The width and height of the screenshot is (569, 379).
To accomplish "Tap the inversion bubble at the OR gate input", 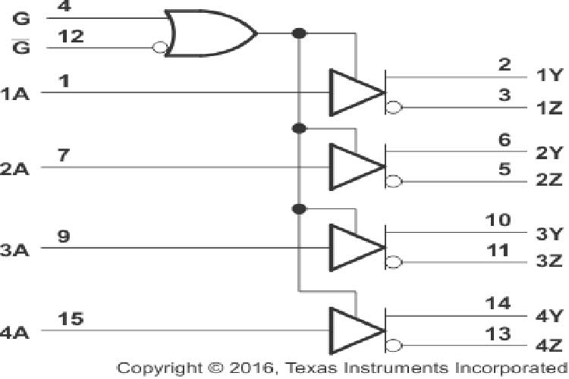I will (159, 48).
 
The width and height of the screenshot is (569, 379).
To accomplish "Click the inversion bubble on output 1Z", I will (393, 108).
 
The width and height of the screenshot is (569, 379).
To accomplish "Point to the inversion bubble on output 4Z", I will (393, 346).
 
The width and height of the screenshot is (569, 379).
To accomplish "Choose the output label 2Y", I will (548, 152).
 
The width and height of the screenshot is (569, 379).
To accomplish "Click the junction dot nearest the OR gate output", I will (300, 33).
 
